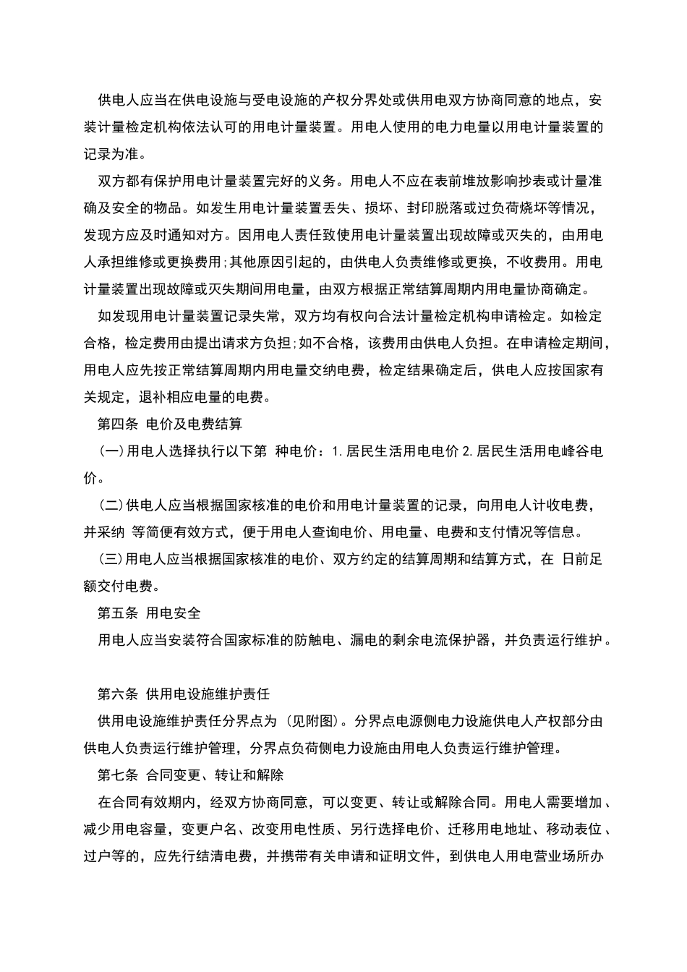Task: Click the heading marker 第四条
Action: [x=117, y=424]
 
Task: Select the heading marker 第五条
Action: [x=117, y=613]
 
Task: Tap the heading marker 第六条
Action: [x=117, y=694]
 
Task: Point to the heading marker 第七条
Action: [x=117, y=775]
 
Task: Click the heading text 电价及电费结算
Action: [x=194, y=424]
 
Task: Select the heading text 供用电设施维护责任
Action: [x=208, y=694]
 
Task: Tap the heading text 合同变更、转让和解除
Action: [x=215, y=775]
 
